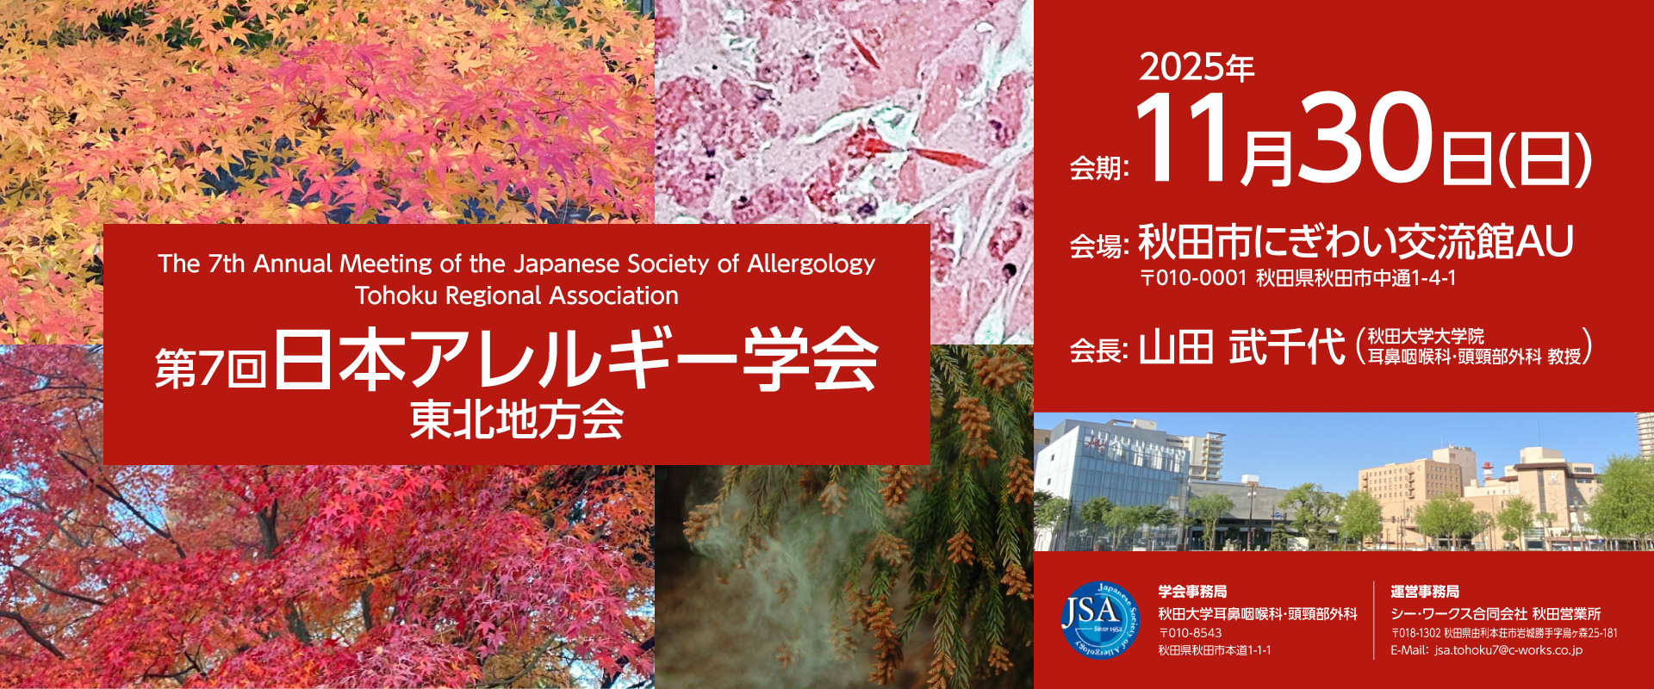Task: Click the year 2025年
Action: tap(1197, 67)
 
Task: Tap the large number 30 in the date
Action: tap(1365, 138)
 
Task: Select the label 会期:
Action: tap(1098, 167)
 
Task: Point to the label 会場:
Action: tap(1098, 246)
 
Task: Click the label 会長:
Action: tap(1098, 351)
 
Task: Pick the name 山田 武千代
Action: tap(1241, 347)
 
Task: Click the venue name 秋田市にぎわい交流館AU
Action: tap(1356, 241)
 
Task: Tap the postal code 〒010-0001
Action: tap(1193, 278)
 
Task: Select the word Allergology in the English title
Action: tap(811, 264)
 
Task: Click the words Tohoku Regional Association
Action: tap(517, 295)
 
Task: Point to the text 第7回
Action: tap(210, 369)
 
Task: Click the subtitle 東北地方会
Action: tap(517, 420)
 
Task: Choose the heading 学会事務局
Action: tap(1192, 592)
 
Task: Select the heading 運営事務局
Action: tap(1425, 592)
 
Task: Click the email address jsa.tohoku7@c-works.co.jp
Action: tap(1508, 650)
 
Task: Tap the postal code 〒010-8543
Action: tap(1190, 633)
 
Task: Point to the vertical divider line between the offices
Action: tap(1374, 620)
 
